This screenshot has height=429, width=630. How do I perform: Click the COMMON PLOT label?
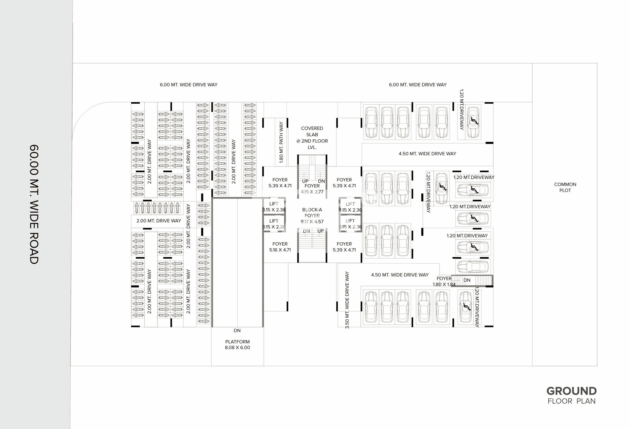tap(565, 187)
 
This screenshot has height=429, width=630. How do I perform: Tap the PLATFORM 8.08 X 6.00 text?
tap(237, 345)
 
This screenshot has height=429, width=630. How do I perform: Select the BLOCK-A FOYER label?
tap(312, 213)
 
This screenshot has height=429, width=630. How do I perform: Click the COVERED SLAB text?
tap(312, 131)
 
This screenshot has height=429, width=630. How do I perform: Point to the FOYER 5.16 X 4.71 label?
tap(280, 247)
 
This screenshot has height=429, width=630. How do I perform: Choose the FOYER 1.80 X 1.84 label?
tap(444, 281)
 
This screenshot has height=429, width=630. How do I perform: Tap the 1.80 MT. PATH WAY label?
tap(281, 142)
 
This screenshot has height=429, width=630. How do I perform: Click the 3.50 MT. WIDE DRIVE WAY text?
tap(347, 300)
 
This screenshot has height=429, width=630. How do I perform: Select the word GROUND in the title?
tap(571, 391)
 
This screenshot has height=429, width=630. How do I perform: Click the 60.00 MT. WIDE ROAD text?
tap(34, 204)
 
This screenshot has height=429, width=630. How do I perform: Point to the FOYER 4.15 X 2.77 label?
tap(312, 189)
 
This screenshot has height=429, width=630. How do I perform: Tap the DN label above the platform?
tap(237, 330)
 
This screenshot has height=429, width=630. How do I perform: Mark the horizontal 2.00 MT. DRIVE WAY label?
tap(159, 220)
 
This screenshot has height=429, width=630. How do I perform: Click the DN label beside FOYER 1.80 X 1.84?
tap(467, 280)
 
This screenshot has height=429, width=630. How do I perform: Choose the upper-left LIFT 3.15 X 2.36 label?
tap(274, 207)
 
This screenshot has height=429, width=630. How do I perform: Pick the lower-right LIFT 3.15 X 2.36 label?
tap(350, 224)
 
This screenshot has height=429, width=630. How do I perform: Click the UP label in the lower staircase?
tap(321, 231)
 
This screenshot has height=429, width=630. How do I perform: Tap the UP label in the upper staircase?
tap(305, 181)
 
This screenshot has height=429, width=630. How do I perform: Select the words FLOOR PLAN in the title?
tap(571, 401)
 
